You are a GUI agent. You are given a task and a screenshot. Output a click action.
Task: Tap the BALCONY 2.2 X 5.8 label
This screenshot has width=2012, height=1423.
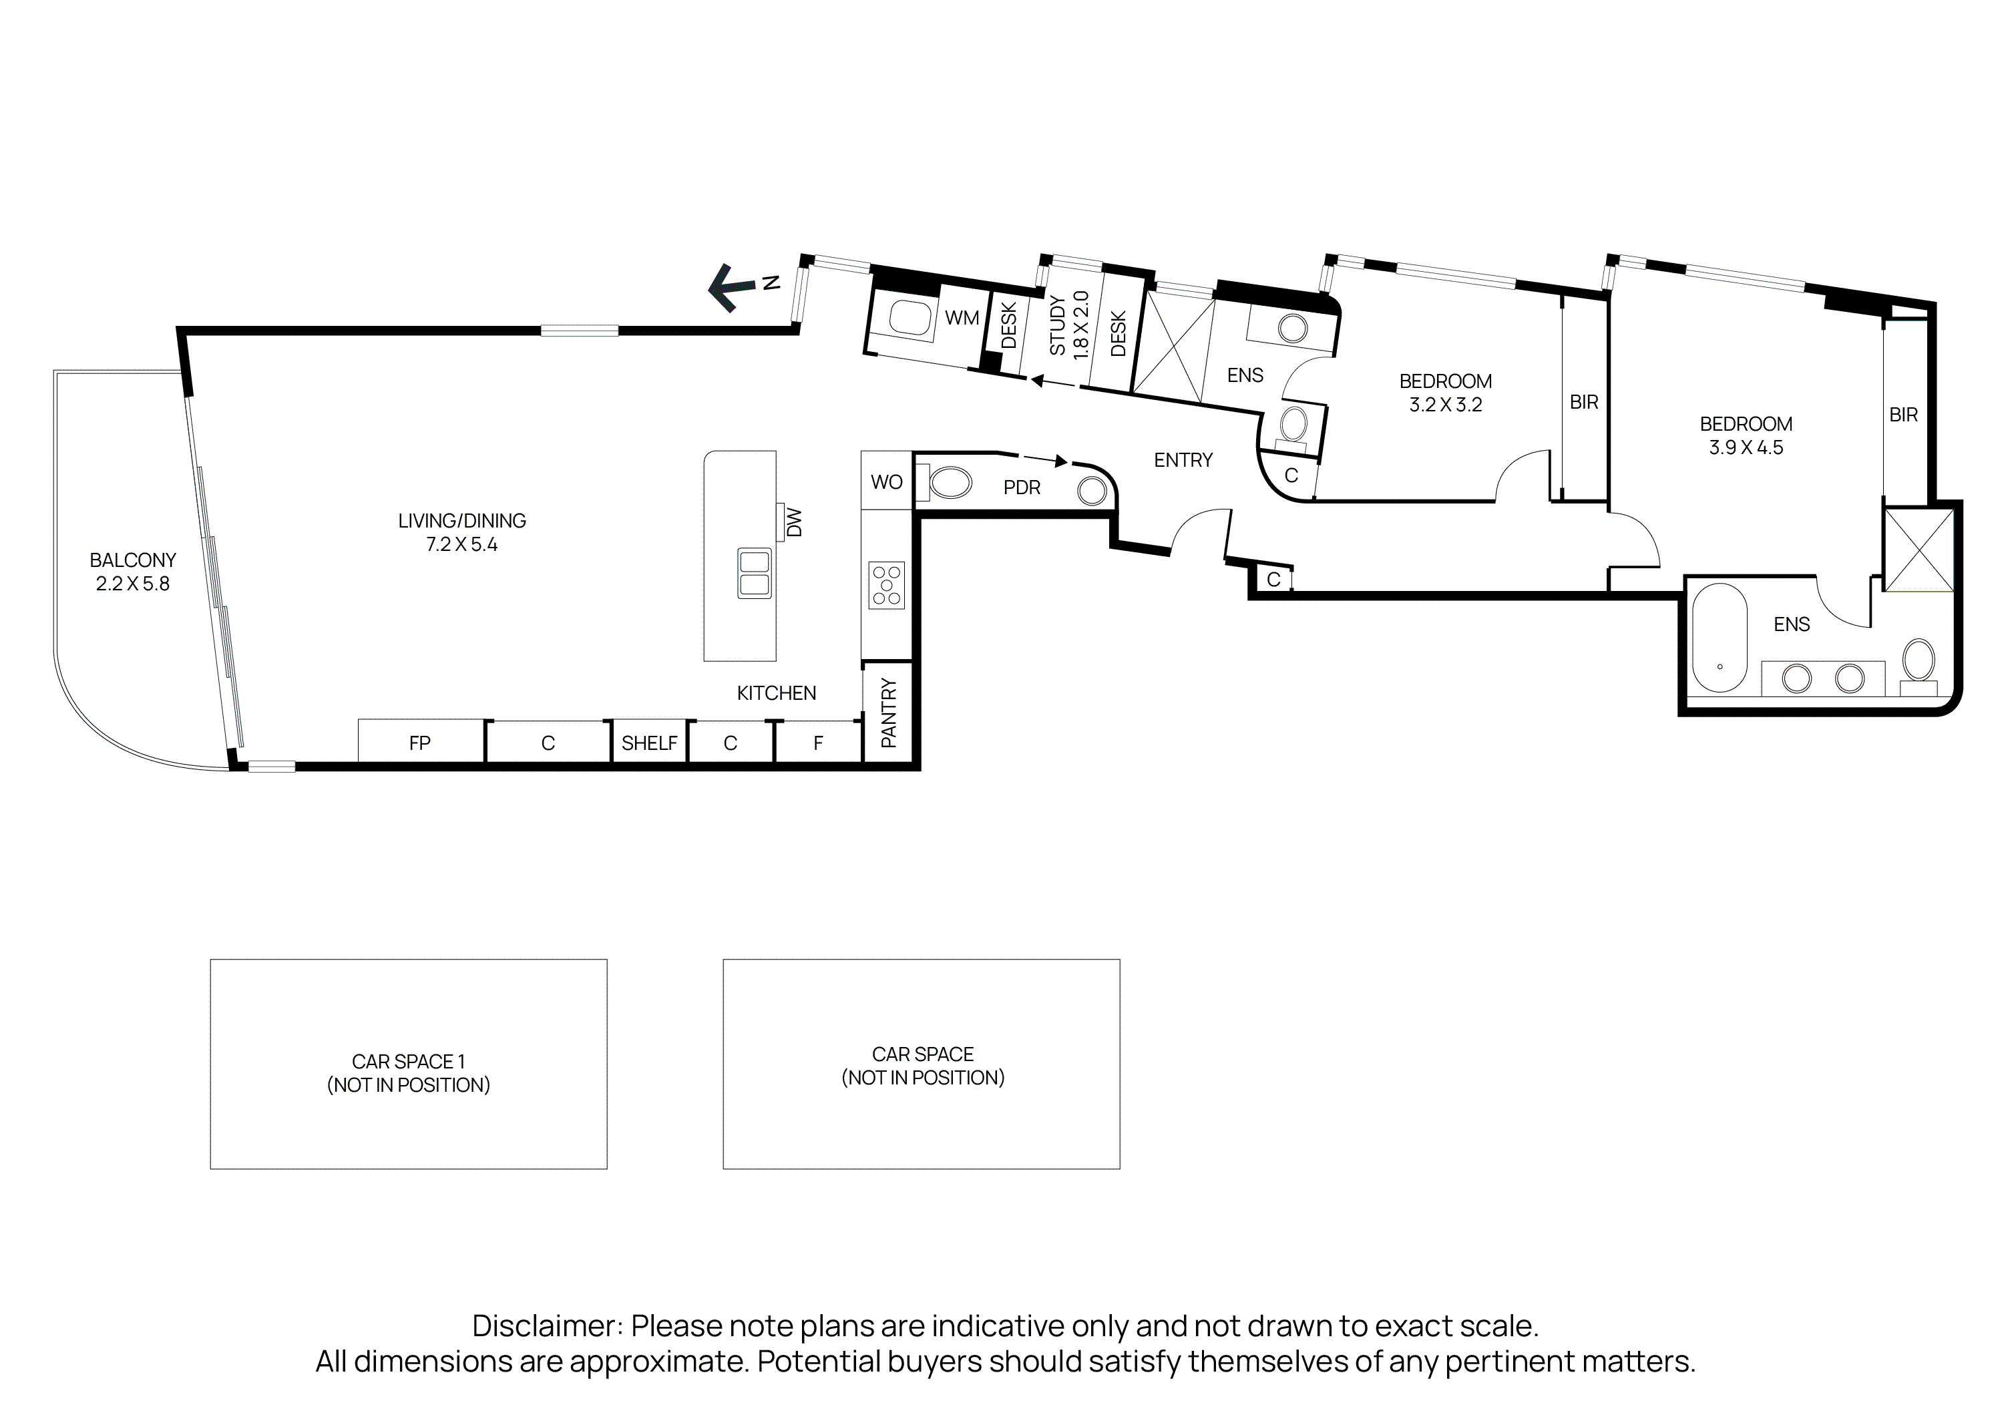tap(132, 572)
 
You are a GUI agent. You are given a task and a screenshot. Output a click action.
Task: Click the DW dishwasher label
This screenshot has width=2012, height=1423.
tap(793, 523)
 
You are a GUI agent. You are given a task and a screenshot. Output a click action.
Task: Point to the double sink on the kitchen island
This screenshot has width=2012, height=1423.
tap(754, 573)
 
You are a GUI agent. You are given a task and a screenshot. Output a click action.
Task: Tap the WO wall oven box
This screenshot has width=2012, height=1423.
tap(886, 481)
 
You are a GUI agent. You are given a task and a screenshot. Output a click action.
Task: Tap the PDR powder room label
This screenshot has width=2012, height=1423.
tap(1022, 487)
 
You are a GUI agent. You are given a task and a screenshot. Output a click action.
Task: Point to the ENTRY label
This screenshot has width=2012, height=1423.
tap(1183, 460)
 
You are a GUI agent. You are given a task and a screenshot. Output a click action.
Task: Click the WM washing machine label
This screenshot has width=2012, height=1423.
tap(962, 318)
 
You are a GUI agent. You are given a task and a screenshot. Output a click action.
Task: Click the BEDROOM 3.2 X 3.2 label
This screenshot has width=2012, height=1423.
tap(1445, 393)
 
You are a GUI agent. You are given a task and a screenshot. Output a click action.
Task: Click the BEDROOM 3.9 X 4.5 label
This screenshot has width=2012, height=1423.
tap(1746, 435)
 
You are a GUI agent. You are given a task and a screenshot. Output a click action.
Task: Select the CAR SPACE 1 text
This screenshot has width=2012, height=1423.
tap(409, 1061)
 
